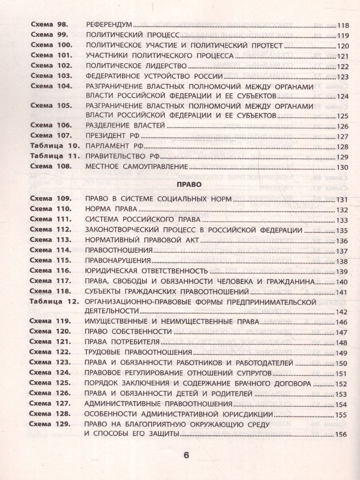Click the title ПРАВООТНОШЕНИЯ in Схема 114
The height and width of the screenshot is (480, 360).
(118, 250)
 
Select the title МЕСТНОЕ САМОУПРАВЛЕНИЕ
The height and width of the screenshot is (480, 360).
(137, 166)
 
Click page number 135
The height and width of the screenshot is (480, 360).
(343, 231)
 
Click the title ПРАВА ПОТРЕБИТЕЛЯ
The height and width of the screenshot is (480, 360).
(123, 342)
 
